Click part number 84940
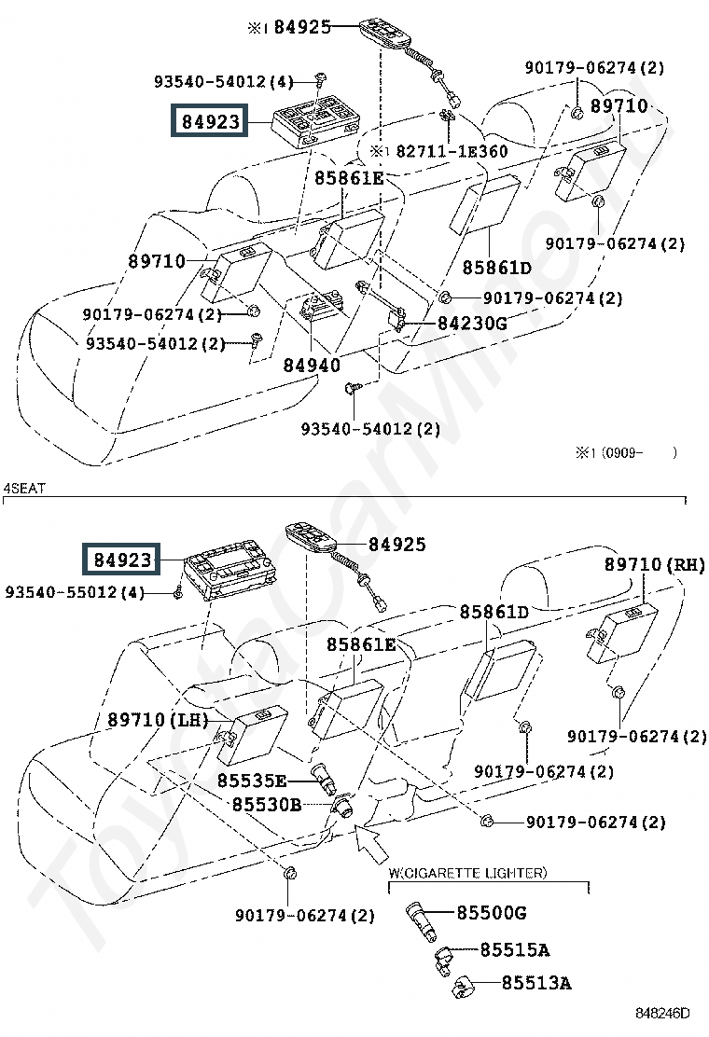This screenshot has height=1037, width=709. click(312, 365)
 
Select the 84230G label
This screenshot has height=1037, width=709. click(472, 324)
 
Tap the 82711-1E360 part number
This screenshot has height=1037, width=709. click(452, 151)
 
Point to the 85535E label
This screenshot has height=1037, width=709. click(252, 781)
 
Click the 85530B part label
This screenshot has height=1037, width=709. click(267, 805)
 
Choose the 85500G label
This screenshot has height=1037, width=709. click(492, 913)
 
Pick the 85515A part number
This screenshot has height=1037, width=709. click(515, 950)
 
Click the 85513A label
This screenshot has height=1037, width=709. click(536, 983)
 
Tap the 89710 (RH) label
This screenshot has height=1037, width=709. click(655, 565)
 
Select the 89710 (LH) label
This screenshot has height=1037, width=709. click(158, 720)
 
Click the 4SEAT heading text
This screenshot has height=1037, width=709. click(24, 489)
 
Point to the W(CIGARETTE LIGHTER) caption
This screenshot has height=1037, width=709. click(467, 873)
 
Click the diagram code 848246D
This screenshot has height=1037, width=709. click(662, 1013)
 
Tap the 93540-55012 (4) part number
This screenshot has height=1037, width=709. click(75, 592)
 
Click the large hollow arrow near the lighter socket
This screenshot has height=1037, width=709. click(370, 843)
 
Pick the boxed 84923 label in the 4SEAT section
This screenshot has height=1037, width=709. click(122, 560)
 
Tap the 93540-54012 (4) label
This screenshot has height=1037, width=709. click(224, 81)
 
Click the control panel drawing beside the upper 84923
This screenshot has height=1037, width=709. click(316, 119)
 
